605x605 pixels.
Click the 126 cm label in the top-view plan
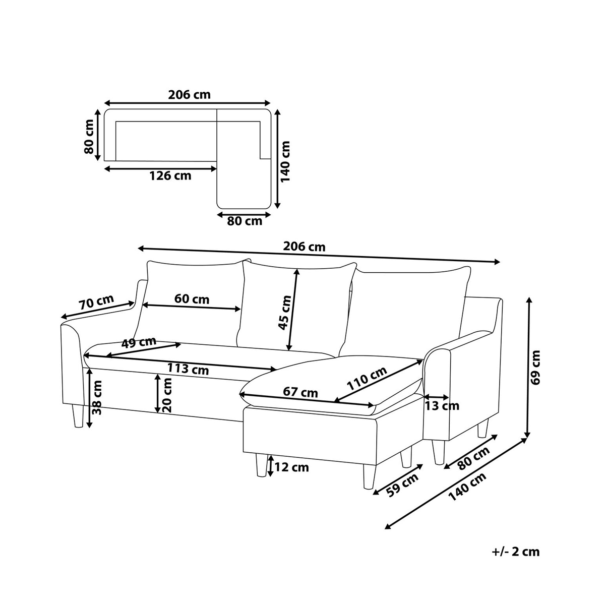pos(170,176)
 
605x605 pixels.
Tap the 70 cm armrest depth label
pos(96,302)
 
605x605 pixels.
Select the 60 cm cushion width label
pos(192,298)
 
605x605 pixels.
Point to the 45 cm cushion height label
pos(284,313)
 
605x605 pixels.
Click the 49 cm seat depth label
pos(139,342)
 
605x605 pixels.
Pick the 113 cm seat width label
pos(188,369)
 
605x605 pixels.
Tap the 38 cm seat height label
pos(97,397)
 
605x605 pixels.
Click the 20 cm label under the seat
pos(167,395)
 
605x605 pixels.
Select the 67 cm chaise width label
pos(300,392)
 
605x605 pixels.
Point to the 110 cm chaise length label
pos(367,379)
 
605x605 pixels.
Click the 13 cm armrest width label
pos(442,406)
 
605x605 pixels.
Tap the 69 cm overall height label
pos(535,367)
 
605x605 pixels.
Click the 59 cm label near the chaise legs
pos(403,485)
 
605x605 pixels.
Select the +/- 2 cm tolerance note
pos(516,552)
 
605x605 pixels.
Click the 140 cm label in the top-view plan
pos(285,161)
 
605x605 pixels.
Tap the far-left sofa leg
pos(78,416)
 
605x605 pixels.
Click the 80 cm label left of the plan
pos(89,137)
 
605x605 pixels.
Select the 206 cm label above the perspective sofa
pos(304,247)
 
